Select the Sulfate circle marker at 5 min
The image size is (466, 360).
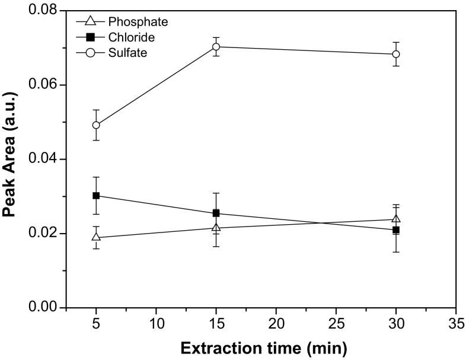coord(96,125)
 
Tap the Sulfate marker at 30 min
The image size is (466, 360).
coord(395,54)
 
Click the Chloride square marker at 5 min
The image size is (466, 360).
coord(96,196)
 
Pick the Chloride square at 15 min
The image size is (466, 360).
coord(216,213)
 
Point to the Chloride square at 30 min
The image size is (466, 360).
coord(395,230)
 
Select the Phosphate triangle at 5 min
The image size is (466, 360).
coord(96,237)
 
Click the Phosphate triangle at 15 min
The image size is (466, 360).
coord(216,227)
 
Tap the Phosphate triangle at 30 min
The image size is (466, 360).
coord(395,219)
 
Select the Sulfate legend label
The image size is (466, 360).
coord(127,53)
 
